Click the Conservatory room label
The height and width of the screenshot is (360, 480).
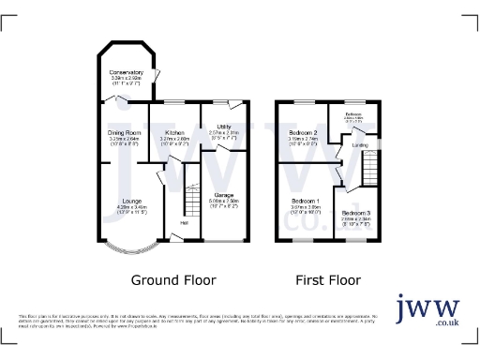pyautogui.click(x=126, y=72)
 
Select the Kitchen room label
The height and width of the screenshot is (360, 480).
pyautogui.click(x=175, y=133)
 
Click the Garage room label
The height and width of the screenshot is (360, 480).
pyautogui.click(x=225, y=194)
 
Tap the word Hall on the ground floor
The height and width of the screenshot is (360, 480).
pyautogui.click(x=184, y=222)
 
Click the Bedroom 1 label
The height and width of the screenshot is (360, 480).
pyautogui.click(x=305, y=201)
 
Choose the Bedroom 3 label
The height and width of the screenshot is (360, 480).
pyautogui.click(x=370, y=214)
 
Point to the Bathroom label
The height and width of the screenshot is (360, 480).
pyautogui.click(x=353, y=113)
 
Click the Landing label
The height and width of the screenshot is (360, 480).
pyautogui.click(x=359, y=144)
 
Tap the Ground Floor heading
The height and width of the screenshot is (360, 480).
pyautogui.click(x=172, y=279)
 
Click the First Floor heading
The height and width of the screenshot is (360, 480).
pyautogui.click(x=328, y=279)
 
